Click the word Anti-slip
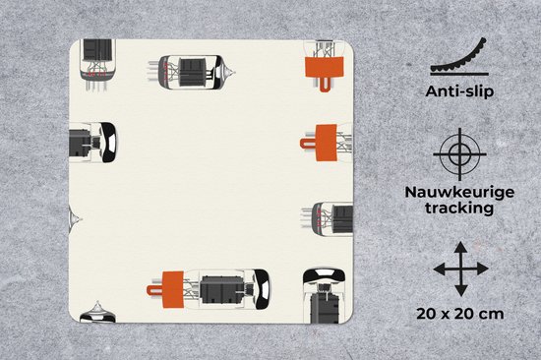click(459, 91)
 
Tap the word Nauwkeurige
click(459, 192)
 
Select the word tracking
click(459, 209)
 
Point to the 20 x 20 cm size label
click(460, 314)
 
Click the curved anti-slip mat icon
click(459, 59)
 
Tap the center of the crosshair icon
click(460, 154)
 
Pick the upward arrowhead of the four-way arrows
click(460, 247)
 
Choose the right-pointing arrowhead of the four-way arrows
click(483, 269)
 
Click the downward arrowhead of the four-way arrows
click(460, 290)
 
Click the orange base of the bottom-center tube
click(173, 289)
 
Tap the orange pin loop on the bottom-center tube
click(154, 290)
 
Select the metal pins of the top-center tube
click(153, 71)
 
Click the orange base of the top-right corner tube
click(325, 67)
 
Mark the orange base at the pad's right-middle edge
click(326, 143)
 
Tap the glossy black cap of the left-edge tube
click(109, 142)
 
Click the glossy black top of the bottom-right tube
click(324, 274)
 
